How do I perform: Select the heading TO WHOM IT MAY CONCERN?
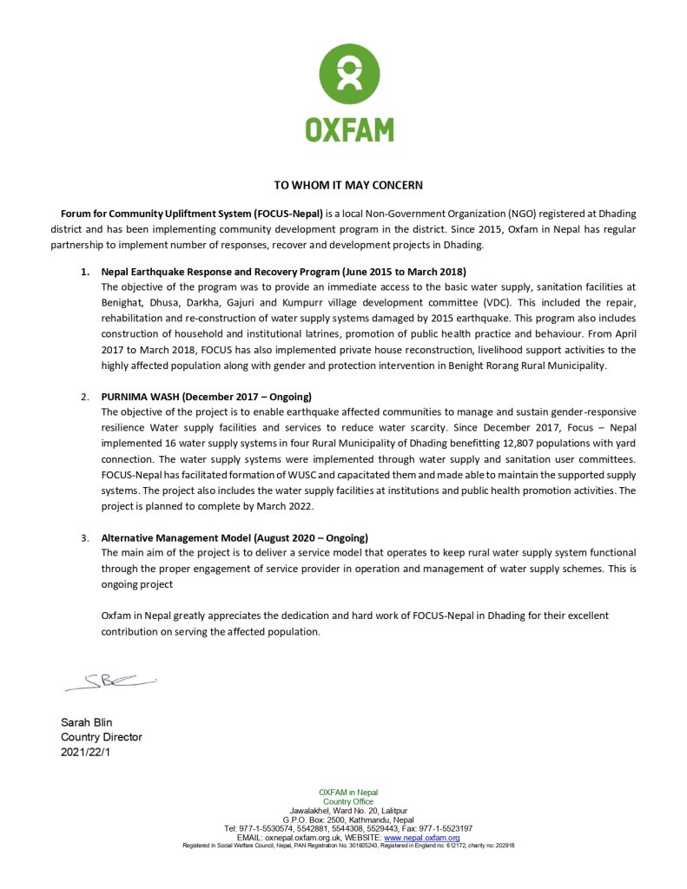(x=348, y=185)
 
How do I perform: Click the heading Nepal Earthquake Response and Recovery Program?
(x=283, y=272)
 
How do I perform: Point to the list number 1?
(x=85, y=272)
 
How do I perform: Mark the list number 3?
(x=85, y=537)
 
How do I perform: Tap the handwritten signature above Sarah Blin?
(x=109, y=682)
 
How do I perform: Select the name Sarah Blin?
(x=87, y=722)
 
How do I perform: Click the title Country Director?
(x=101, y=737)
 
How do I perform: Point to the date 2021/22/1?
(x=86, y=752)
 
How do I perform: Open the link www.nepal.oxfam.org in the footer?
(x=422, y=837)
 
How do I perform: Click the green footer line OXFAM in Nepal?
(x=348, y=793)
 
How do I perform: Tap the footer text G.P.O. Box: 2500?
(x=314, y=820)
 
